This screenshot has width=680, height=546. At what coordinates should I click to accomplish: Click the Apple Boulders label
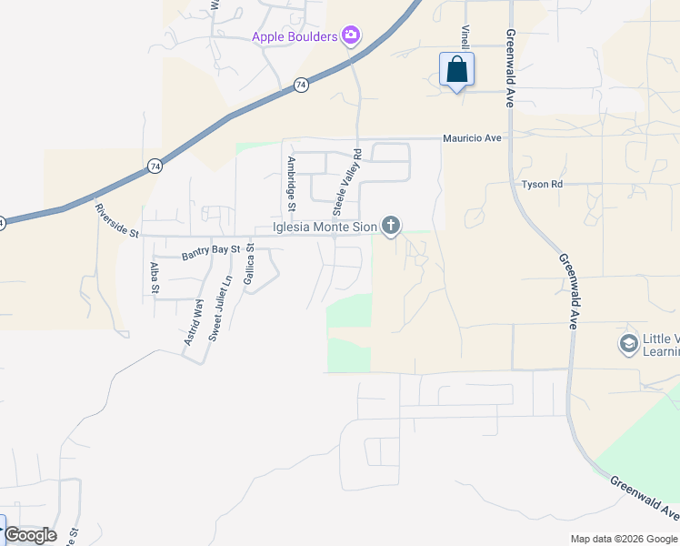click(x=295, y=37)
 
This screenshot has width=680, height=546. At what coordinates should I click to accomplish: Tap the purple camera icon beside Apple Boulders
click(x=351, y=36)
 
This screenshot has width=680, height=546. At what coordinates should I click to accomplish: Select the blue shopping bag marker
click(x=456, y=70)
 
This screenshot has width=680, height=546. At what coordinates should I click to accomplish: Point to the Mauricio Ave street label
click(x=472, y=138)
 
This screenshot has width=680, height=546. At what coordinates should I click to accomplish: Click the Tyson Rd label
click(x=543, y=185)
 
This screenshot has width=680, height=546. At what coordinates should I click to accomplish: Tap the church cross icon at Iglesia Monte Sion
click(x=391, y=226)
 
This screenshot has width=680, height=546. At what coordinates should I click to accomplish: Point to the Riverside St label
click(x=115, y=221)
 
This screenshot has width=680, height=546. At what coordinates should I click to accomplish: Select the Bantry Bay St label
click(x=209, y=252)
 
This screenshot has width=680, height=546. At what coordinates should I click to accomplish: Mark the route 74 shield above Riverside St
click(x=155, y=167)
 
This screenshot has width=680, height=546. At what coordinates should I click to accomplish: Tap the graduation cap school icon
click(x=627, y=345)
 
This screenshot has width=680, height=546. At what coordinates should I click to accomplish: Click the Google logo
click(x=30, y=535)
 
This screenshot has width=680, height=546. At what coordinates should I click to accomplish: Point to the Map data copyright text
click(x=624, y=539)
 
